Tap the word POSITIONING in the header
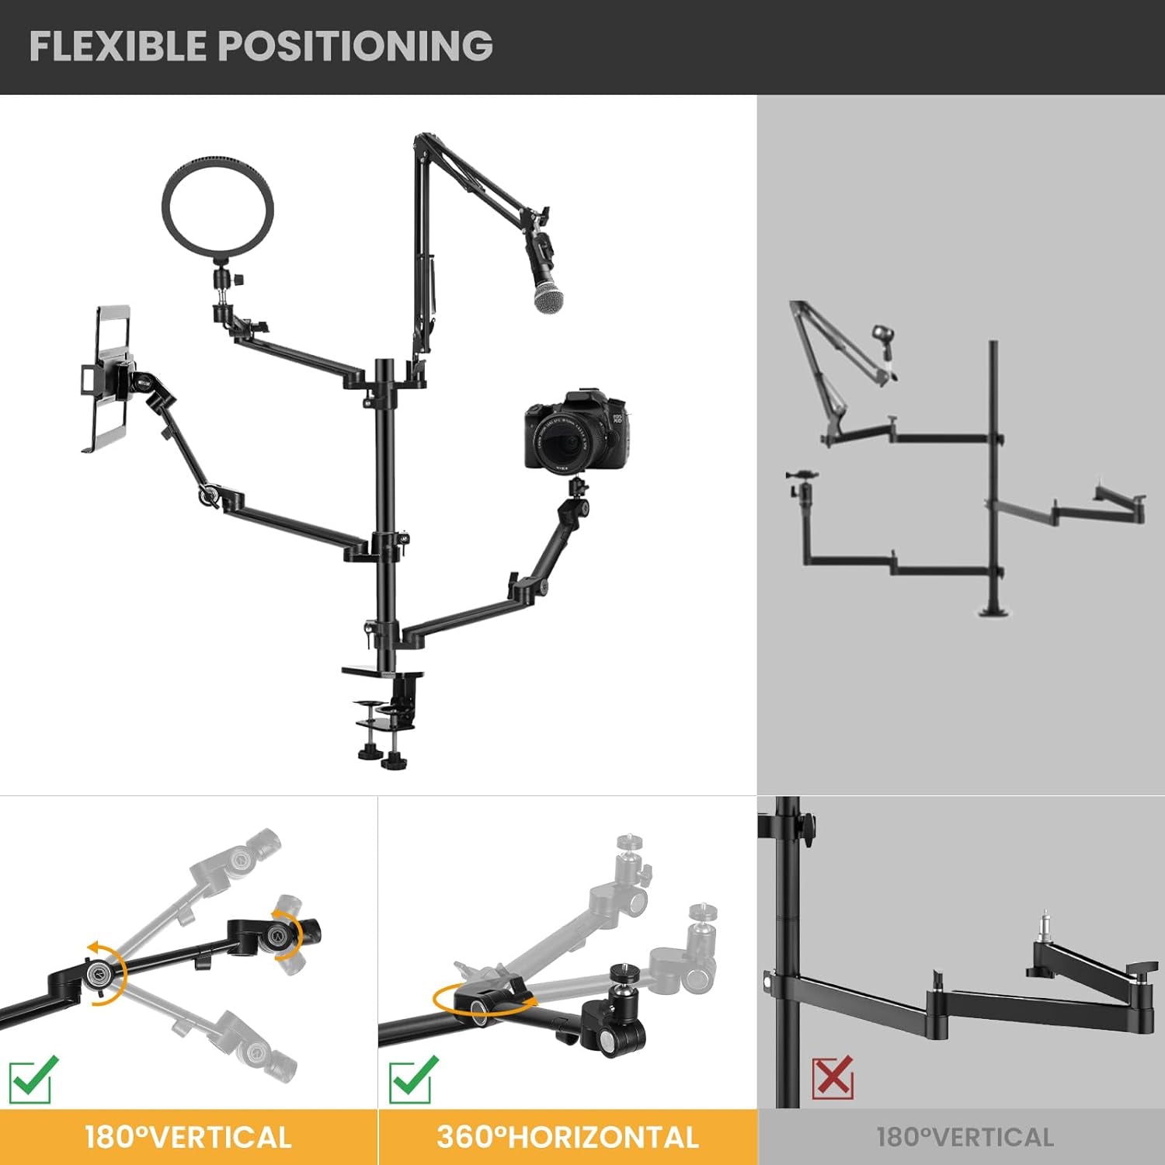coord(356,46)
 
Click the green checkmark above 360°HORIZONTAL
coord(412,1078)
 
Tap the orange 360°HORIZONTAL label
coord(568,1137)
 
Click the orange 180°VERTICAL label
coord(188,1137)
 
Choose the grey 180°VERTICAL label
coord(965,1137)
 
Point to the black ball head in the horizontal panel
coord(622,982)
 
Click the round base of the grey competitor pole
coord(993,610)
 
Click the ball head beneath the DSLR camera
coord(576,489)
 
